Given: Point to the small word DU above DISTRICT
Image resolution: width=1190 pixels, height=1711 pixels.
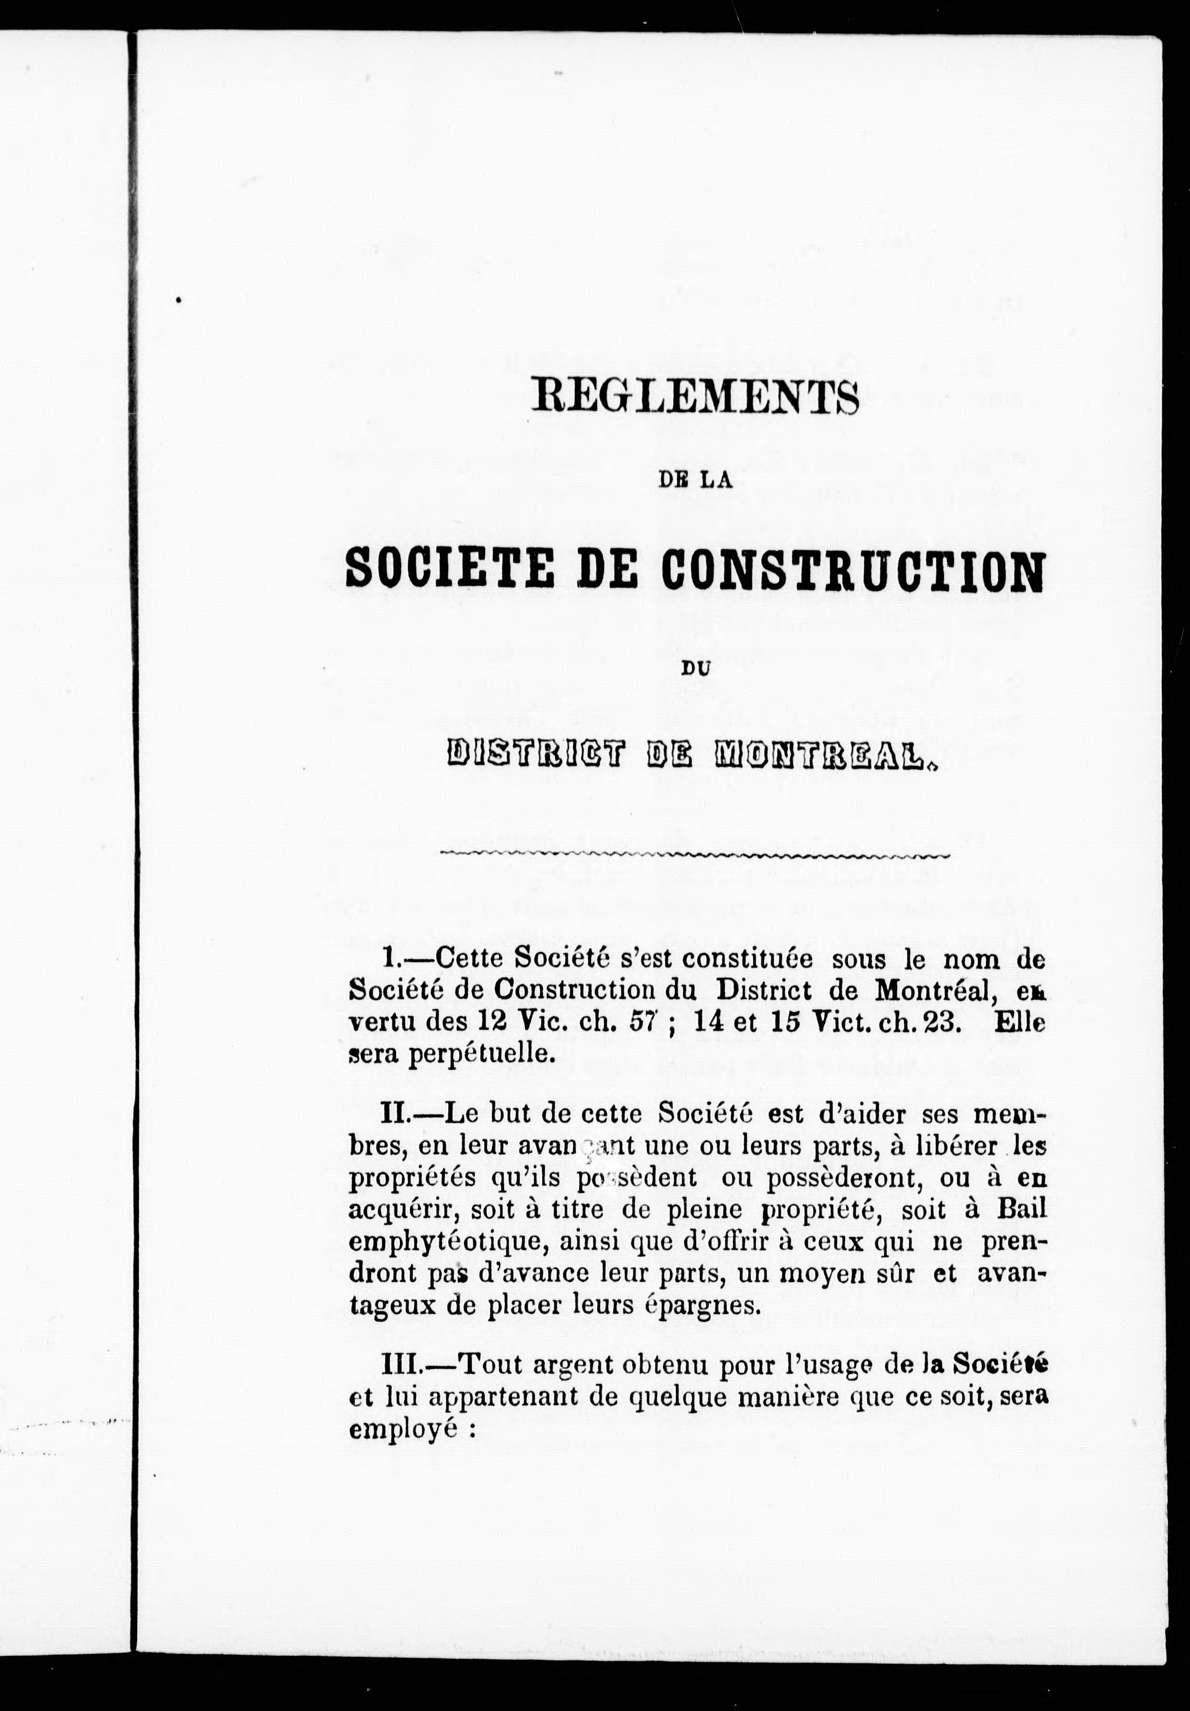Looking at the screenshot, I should (695, 669).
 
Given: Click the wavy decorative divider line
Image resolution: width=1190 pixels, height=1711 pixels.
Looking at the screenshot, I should (695, 854).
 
